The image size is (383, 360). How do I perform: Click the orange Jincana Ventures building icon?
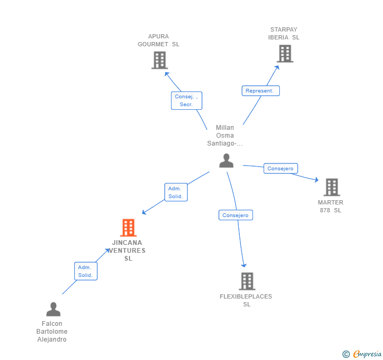click(x=128, y=228)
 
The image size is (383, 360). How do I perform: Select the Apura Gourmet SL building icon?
click(x=159, y=60)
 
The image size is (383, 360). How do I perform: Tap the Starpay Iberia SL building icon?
click(x=285, y=54)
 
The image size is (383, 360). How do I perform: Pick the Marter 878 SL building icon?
click(x=331, y=187)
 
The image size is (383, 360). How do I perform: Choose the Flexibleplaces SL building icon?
click(x=247, y=281)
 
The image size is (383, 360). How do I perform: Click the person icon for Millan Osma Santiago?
click(x=226, y=160)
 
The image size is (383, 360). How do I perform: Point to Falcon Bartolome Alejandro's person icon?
click(x=53, y=309)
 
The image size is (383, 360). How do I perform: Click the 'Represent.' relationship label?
click(x=260, y=90)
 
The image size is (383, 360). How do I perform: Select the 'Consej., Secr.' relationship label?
click(x=186, y=100)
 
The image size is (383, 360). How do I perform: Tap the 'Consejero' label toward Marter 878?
click(x=281, y=169)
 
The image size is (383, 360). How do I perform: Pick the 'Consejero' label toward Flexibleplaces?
click(x=236, y=215)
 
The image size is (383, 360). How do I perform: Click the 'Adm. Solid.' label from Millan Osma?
click(x=176, y=192)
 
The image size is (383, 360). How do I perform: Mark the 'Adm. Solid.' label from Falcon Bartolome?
click(x=85, y=271)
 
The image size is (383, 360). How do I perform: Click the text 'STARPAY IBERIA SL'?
click(x=284, y=34)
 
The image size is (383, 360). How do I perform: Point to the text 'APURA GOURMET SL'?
click(x=158, y=40)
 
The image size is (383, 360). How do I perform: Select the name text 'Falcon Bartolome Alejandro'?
click(x=52, y=332)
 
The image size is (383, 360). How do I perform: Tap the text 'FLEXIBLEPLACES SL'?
click(x=246, y=300)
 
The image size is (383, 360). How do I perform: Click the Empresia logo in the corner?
click(x=362, y=354)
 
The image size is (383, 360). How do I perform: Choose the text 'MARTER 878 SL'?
click(x=330, y=206)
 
